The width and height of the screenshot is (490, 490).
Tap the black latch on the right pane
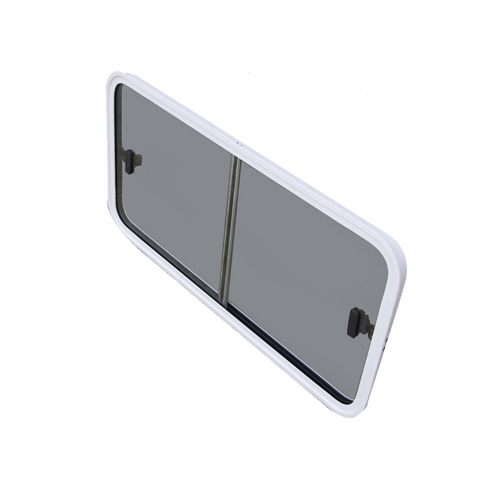click(355, 322)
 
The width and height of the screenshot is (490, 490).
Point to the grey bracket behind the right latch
click(367, 327)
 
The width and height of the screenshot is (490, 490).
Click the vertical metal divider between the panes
click(230, 227)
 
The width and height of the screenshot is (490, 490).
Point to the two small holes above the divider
click(239, 145)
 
